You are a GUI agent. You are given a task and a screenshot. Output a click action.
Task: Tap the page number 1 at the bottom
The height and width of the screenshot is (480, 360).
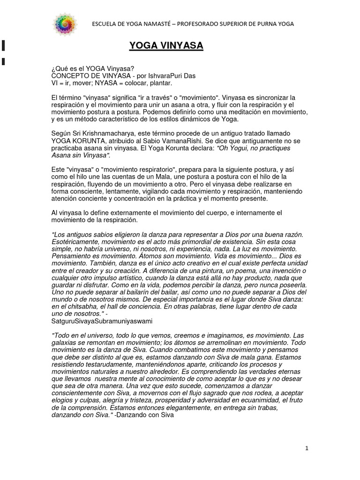(307, 448)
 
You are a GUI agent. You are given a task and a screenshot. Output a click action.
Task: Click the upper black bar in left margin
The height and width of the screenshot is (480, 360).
(3, 45)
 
